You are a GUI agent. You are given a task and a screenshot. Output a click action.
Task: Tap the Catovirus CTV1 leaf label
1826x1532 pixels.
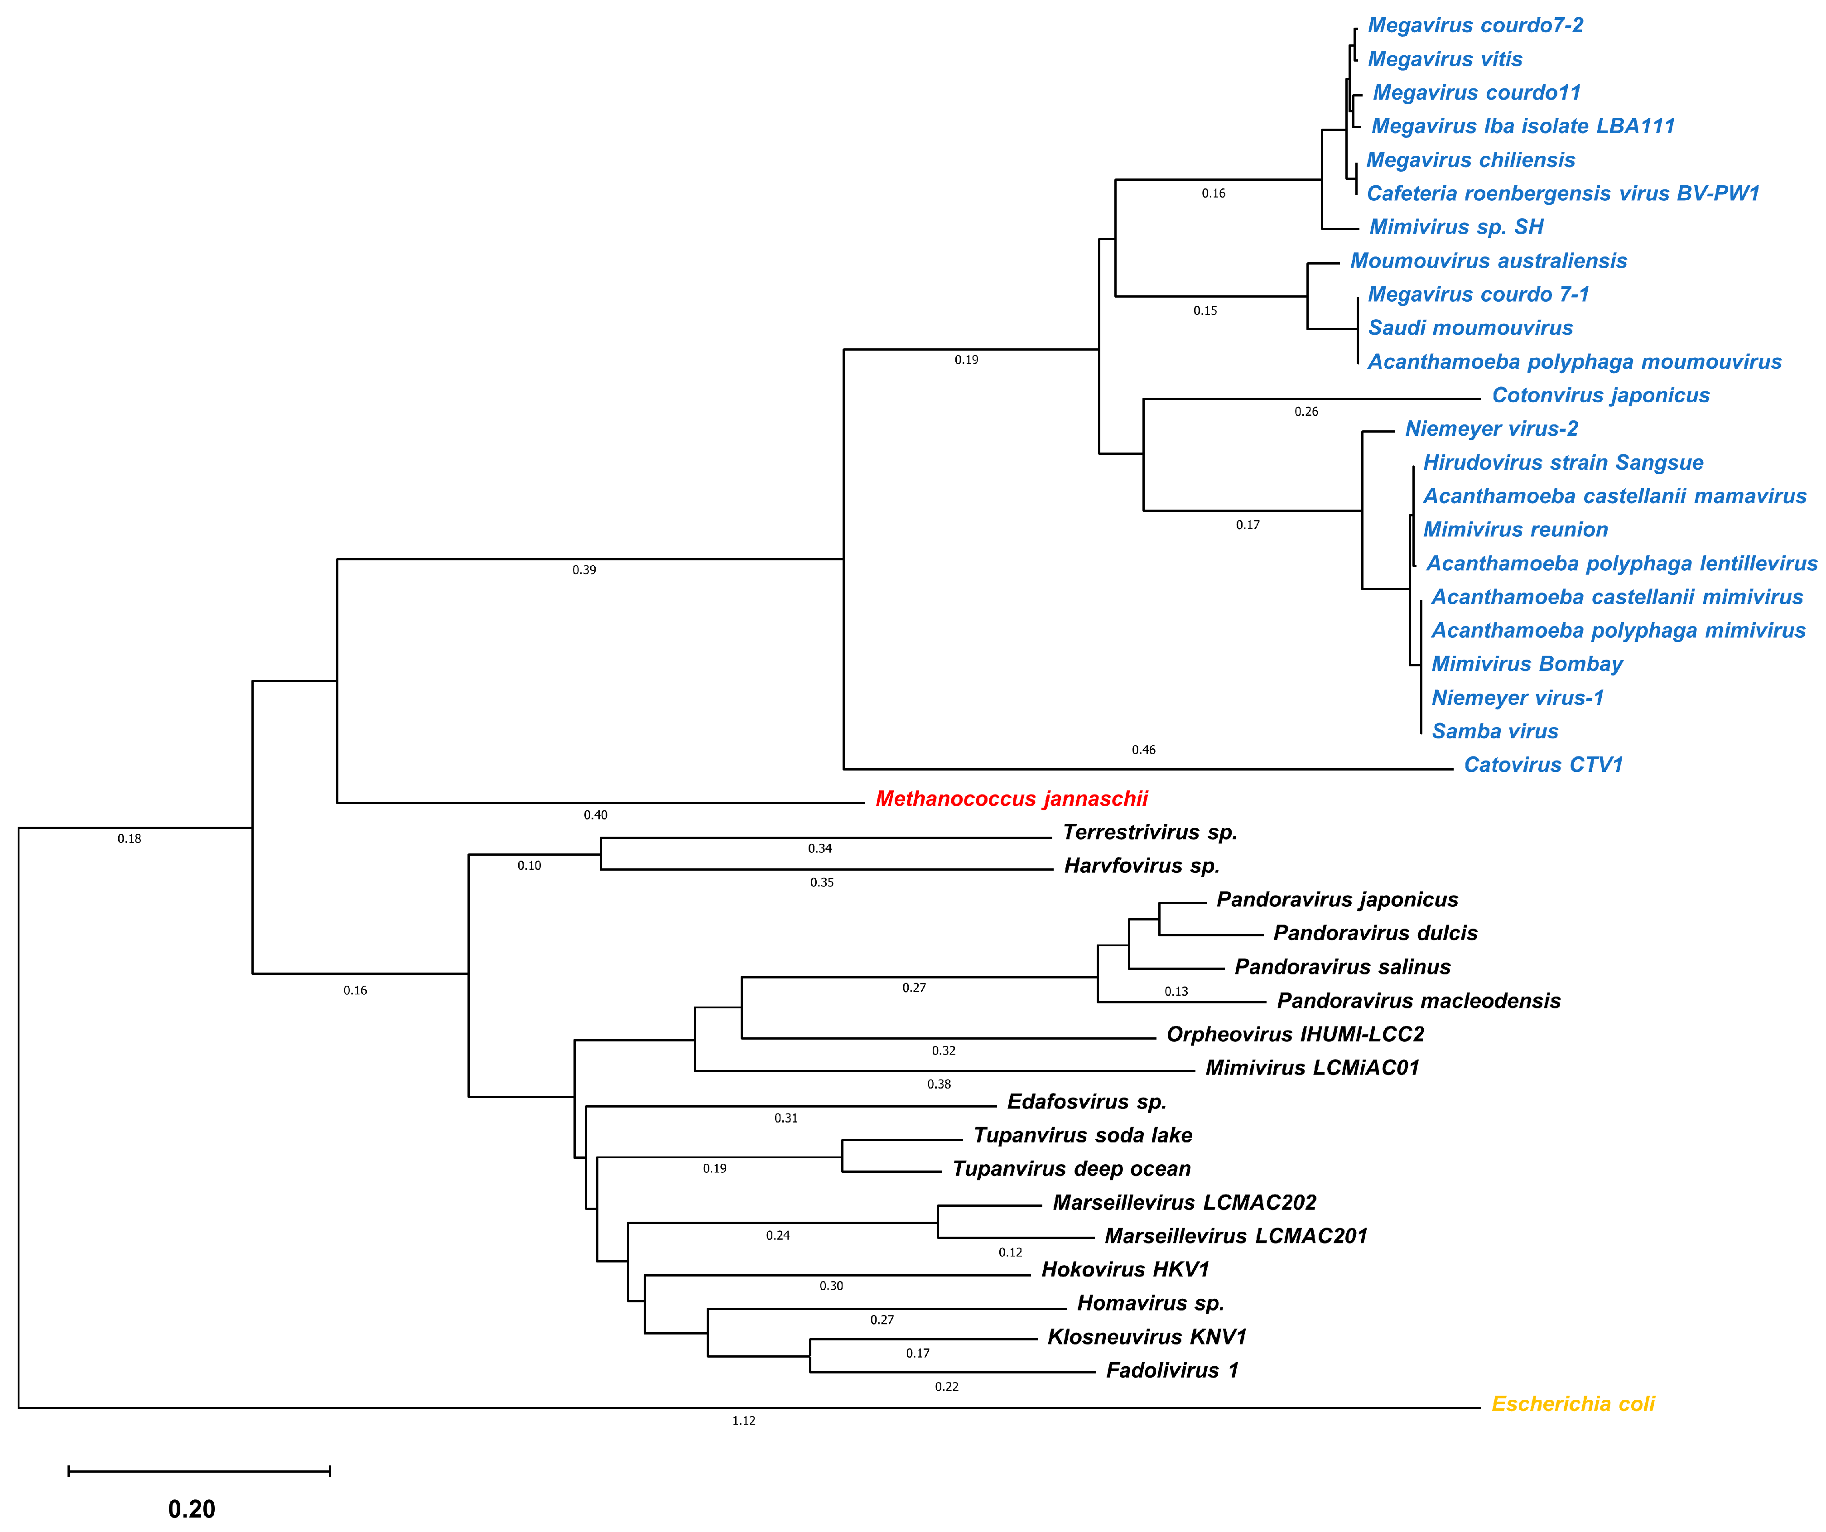point(1542,765)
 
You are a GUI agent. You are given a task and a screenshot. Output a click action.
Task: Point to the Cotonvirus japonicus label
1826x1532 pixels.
point(1600,395)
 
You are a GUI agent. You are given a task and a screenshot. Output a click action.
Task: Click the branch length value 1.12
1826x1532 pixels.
point(743,1421)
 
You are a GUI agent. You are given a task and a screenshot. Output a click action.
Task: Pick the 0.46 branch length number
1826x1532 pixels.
point(1143,750)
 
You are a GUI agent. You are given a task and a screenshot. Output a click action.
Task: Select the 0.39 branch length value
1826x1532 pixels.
point(584,570)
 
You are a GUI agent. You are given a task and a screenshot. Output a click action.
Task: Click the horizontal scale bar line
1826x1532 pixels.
point(199,1471)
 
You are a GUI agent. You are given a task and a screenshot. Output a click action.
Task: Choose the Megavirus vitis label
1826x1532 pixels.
point(1444,59)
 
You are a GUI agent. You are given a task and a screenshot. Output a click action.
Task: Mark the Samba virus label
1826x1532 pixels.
point(1494,731)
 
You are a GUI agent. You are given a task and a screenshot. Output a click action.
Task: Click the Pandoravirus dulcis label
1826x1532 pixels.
point(1375,933)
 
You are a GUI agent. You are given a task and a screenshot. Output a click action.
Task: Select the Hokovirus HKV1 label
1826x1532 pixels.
point(1125,1269)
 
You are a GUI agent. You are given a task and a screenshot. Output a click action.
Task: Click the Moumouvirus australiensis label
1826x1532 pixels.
point(1488,261)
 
